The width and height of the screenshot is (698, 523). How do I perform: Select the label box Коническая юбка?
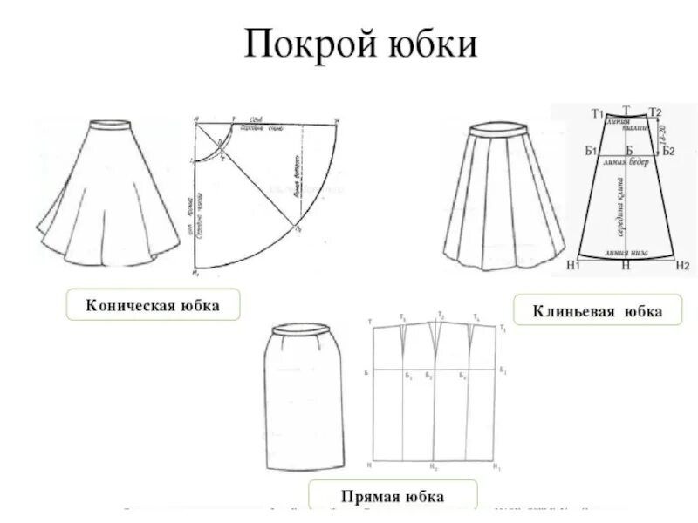point(152,305)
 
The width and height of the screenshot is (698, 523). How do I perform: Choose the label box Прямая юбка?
point(396,496)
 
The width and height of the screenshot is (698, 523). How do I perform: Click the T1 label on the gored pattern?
point(598,114)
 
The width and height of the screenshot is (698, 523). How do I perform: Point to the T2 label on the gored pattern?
point(656,112)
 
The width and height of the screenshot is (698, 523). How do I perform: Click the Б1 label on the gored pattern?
point(591,151)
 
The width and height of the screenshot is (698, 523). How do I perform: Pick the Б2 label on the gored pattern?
point(668,151)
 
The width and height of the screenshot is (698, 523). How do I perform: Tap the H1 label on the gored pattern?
point(573,264)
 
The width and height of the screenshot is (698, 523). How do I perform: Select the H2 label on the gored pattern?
point(682,264)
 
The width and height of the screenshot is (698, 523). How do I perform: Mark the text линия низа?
point(628,253)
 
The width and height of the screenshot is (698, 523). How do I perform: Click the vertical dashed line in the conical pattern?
point(194,200)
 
